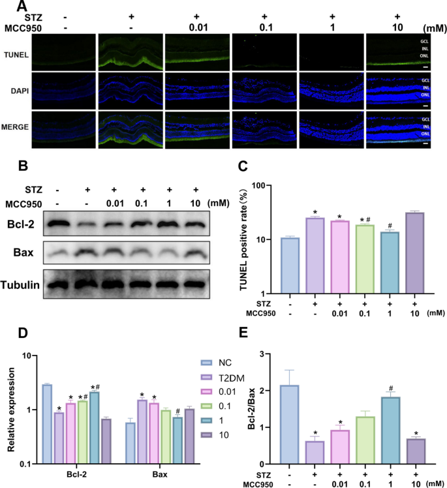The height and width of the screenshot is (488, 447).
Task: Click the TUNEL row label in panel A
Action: coord(15,56)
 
